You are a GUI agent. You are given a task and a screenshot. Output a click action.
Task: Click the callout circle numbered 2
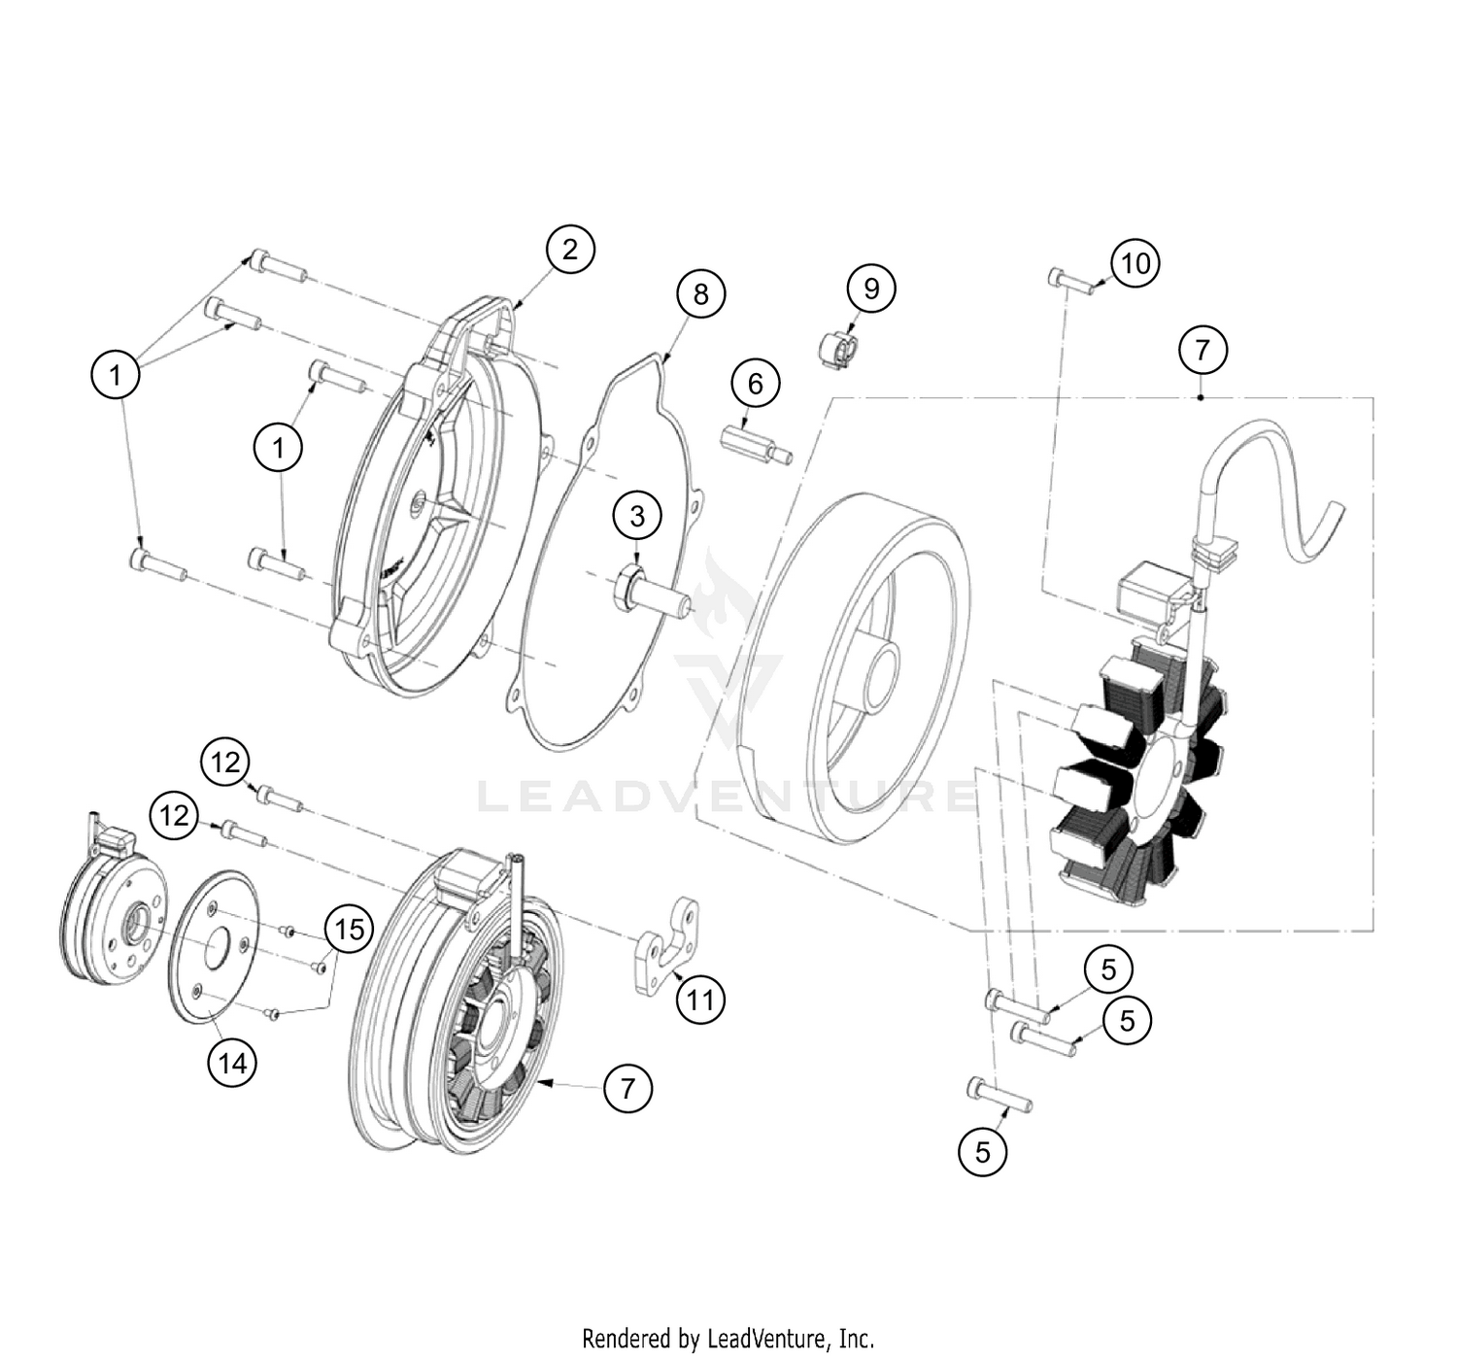(x=569, y=250)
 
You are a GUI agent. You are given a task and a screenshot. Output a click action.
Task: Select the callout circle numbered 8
(x=700, y=293)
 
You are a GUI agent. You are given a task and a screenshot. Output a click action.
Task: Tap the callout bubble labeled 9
(x=870, y=289)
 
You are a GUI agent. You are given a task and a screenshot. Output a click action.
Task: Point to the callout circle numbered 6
(x=755, y=384)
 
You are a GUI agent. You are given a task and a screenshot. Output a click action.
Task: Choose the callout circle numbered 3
(x=636, y=516)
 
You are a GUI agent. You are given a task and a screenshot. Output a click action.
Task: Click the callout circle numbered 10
(x=1135, y=263)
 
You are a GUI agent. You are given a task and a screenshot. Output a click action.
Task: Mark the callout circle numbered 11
(x=700, y=1000)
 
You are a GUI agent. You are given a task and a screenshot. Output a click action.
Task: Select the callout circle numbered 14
(x=232, y=1064)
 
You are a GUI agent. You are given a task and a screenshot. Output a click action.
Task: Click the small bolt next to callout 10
(x=1071, y=281)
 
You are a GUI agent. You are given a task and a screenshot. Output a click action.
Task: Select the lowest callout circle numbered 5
(x=982, y=1152)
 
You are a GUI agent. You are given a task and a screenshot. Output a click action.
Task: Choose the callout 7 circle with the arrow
(x=627, y=1088)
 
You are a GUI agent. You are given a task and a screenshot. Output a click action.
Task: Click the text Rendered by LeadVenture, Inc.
(x=728, y=1339)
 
